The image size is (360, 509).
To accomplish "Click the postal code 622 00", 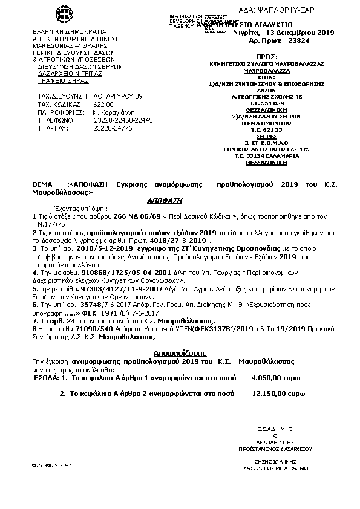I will tap(103, 104).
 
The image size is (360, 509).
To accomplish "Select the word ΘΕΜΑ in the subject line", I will tap(42, 182).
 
